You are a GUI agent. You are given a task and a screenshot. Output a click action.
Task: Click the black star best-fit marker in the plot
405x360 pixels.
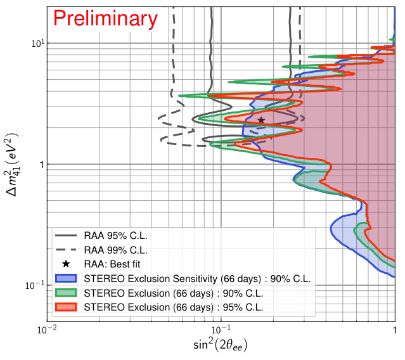(x=261, y=120)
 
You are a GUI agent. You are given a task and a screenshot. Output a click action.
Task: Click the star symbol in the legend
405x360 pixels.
(x=66, y=264)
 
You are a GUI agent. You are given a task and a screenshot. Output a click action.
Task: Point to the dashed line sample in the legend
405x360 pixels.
(x=66, y=250)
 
